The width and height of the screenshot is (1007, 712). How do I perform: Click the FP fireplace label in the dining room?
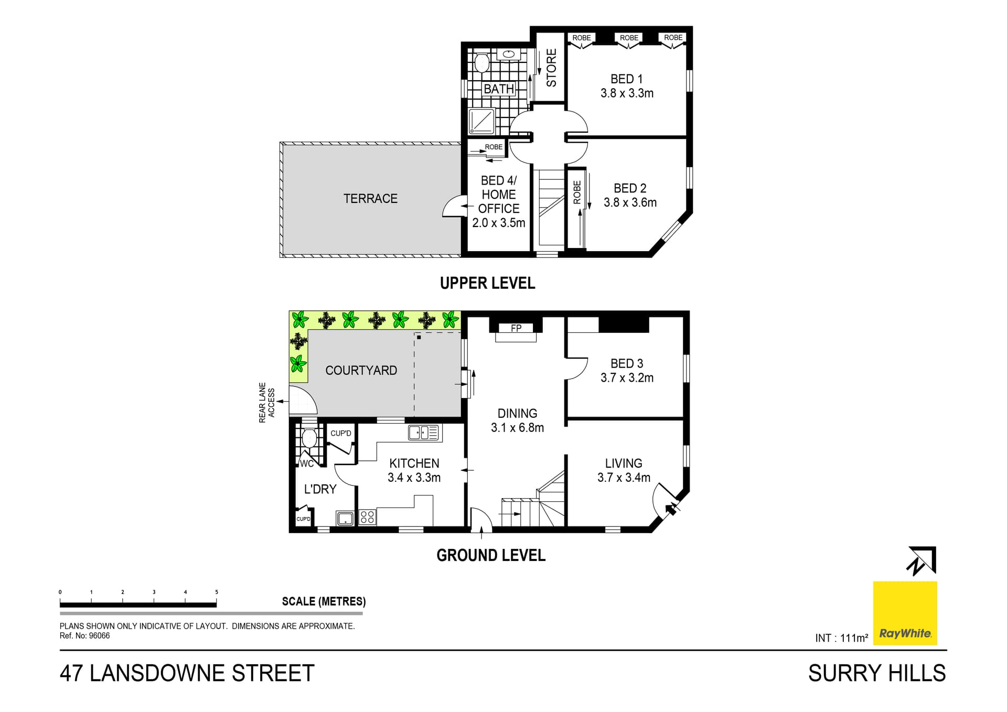click(516, 328)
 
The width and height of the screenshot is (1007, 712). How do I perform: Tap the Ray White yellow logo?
click(905, 613)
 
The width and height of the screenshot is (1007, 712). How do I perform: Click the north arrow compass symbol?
click(921, 561)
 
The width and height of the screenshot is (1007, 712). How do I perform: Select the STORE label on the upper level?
click(551, 68)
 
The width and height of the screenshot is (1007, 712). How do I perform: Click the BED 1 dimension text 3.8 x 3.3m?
click(627, 93)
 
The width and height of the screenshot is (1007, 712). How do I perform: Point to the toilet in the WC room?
click(309, 438)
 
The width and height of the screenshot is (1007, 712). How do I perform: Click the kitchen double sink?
click(424, 433)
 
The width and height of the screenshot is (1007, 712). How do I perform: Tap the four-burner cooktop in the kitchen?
click(367, 517)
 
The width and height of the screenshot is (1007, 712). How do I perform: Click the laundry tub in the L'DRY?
click(345, 519)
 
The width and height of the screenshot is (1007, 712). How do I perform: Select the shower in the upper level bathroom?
click(481, 121)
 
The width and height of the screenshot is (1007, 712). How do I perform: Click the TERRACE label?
click(370, 199)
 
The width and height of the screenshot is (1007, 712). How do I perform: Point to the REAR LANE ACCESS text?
click(266, 403)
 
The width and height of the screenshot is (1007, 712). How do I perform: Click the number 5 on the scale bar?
click(217, 592)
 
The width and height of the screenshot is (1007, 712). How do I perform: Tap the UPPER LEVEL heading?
click(487, 283)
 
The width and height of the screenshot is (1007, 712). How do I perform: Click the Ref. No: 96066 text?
click(84, 636)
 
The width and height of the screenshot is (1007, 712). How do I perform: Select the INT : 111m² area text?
click(841, 638)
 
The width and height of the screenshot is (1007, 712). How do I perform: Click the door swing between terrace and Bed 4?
click(454, 207)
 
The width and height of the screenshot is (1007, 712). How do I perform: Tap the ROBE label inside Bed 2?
click(577, 192)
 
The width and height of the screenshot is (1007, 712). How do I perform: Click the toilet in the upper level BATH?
click(481, 63)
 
